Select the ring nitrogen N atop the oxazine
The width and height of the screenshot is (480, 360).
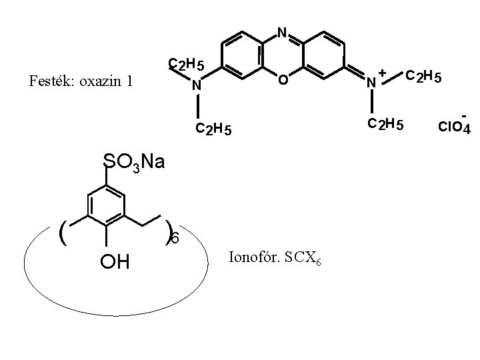[282, 32]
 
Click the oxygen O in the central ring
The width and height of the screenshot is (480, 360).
[282, 81]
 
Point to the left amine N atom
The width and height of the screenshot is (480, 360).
[197, 86]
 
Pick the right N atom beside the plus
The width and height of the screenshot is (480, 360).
[371, 83]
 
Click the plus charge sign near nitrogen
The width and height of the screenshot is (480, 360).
[383, 72]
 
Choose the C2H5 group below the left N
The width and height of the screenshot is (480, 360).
[213, 129]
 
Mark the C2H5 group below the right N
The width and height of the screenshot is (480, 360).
[385, 123]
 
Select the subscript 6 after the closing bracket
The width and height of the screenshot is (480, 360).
[175, 238]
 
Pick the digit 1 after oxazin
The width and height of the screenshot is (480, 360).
[130, 82]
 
